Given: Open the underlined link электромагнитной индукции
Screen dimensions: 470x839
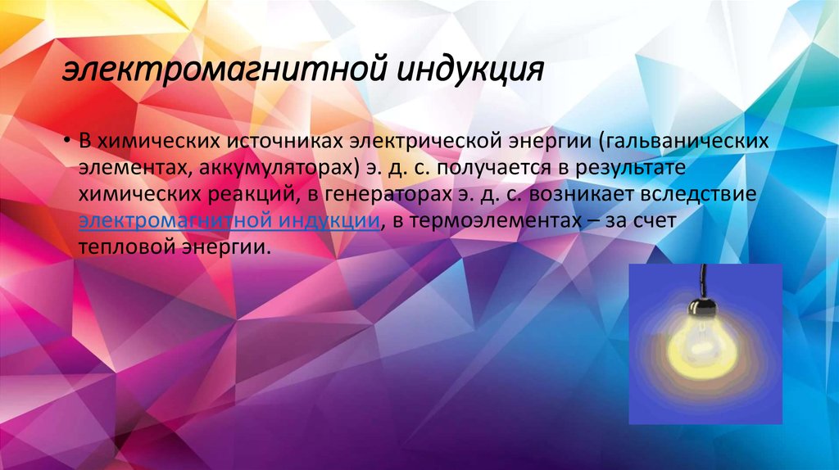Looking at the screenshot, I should pyautogui.click(x=229, y=222).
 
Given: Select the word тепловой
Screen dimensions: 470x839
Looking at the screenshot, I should pyautogui.click(x=131, y=249).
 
